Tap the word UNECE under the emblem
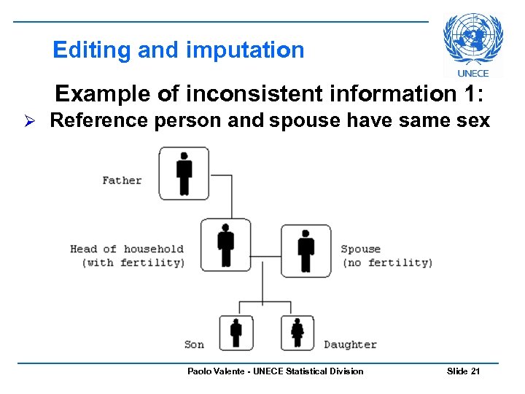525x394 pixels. pos(473,73)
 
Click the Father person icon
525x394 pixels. pos(184,173)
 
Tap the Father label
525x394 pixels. pos(122,180)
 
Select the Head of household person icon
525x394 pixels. pos(225,244)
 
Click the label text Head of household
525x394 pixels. pos(127,249)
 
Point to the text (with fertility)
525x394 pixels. pos(133,263)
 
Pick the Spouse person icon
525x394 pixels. pos(306,250)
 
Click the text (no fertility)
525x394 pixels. pos(386,263)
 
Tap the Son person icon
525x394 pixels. pos(236,333)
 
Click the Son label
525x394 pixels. pos(194,344)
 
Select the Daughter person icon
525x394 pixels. pos(297,333)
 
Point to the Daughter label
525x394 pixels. pos(350,344)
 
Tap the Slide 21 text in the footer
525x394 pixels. pos(463,371)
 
